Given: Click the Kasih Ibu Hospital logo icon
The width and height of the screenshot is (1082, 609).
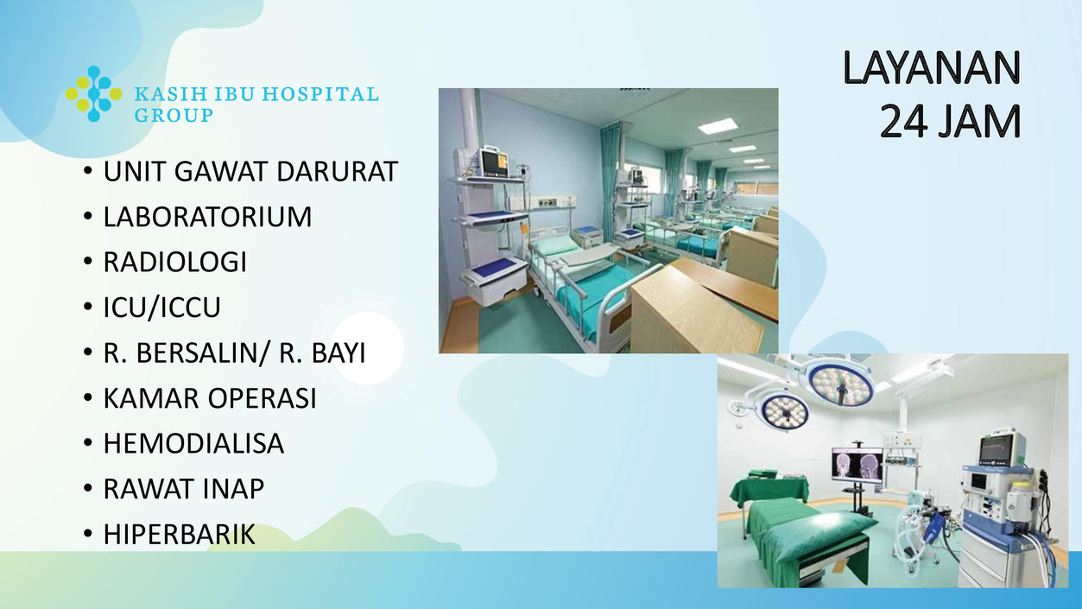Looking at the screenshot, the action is [94, 94].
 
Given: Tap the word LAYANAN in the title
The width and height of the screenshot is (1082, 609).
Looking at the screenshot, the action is [932, 68].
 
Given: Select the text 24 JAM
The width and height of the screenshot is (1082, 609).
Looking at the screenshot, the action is [950, 121].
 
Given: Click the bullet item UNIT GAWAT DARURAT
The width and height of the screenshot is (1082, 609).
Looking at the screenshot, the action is [250, 171].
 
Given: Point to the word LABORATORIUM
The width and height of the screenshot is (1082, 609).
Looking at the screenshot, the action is [207, 217].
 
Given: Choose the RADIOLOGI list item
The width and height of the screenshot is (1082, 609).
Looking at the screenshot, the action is [174, 262].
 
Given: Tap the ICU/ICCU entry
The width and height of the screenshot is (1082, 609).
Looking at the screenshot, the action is [161, 308].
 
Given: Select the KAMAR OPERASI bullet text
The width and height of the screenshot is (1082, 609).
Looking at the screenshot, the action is [210, 398].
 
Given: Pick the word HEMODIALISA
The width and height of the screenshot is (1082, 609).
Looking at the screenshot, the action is [193, 444].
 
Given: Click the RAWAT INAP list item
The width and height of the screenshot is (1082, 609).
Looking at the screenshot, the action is [184, 489].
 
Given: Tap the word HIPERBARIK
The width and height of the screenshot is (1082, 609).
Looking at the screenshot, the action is [180, 535].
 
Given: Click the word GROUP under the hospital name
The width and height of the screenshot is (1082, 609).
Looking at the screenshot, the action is [174, 115].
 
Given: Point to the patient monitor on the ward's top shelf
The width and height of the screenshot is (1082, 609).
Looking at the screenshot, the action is [493, 162].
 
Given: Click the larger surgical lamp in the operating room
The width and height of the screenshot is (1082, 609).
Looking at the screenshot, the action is [843, 383].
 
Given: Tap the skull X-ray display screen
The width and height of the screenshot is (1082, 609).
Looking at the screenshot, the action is [857, 466].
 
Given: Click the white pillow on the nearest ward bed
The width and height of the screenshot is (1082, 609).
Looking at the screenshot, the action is [555, 246].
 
